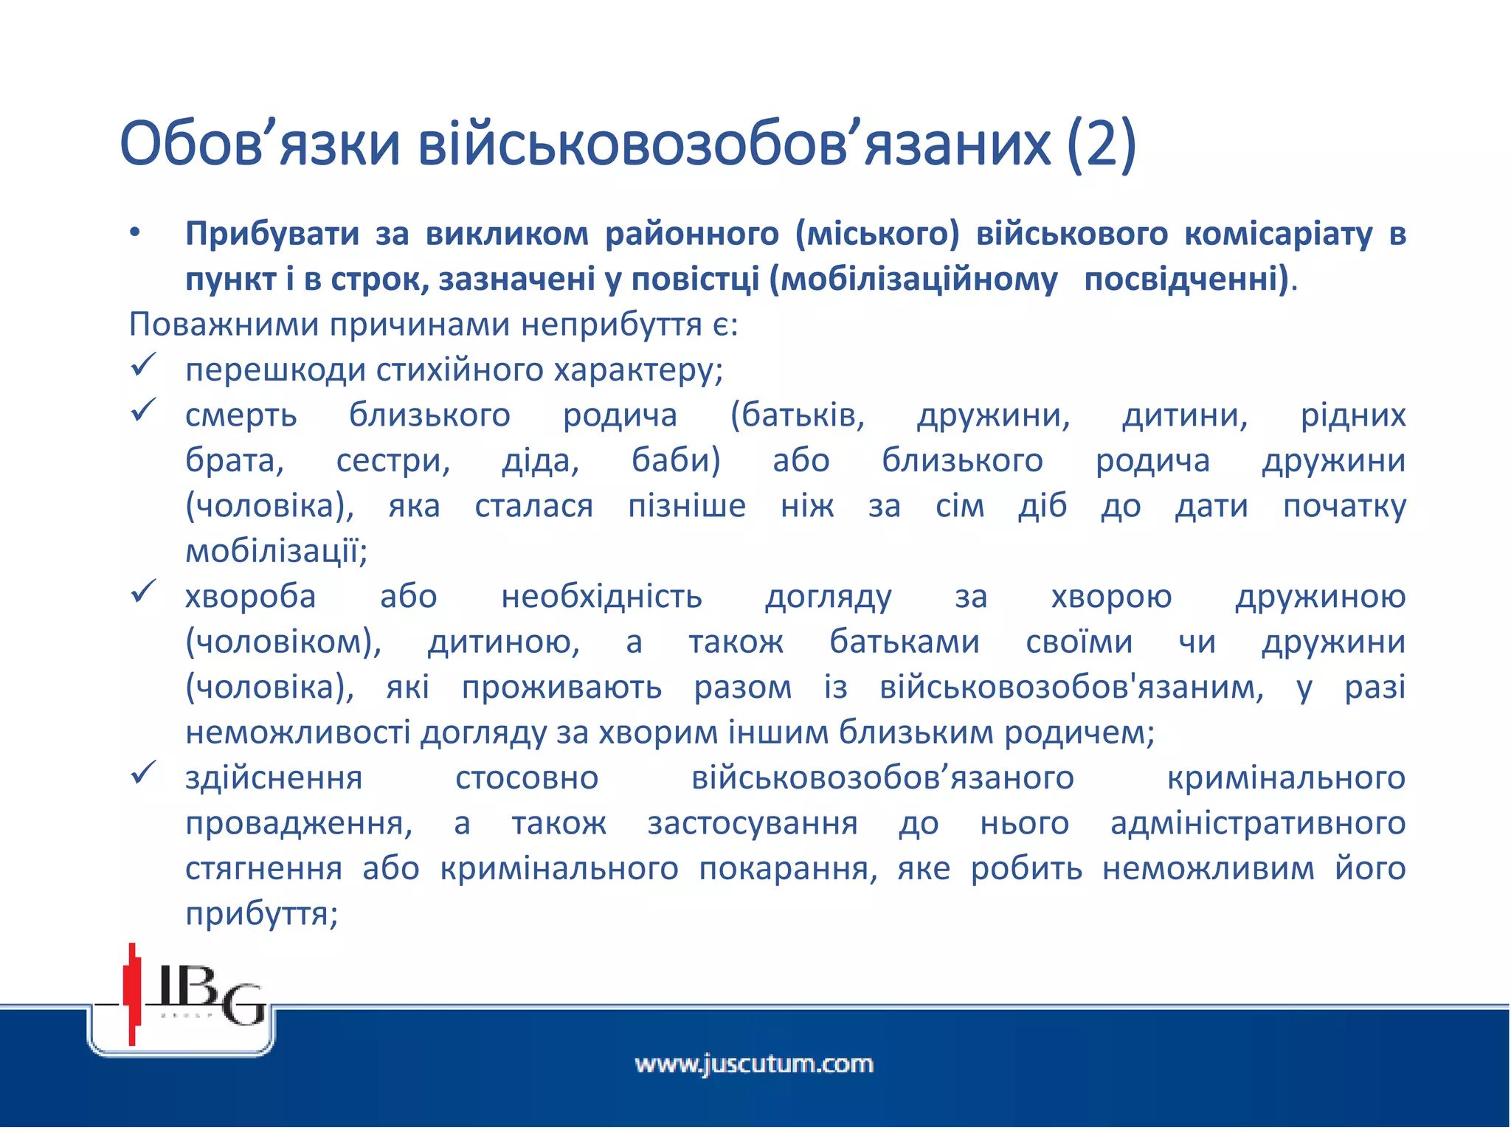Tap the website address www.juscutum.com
pos(754,1064)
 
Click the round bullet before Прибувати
pos(134,234)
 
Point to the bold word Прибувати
pos(272,234)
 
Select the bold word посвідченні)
pos(1187,280)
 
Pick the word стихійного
pos(459,370)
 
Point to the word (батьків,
pos(797,415)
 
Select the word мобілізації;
pos(276,551)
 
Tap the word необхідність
pos(601,597)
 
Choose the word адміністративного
pos(1258,823)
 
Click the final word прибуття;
pos(261,914)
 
